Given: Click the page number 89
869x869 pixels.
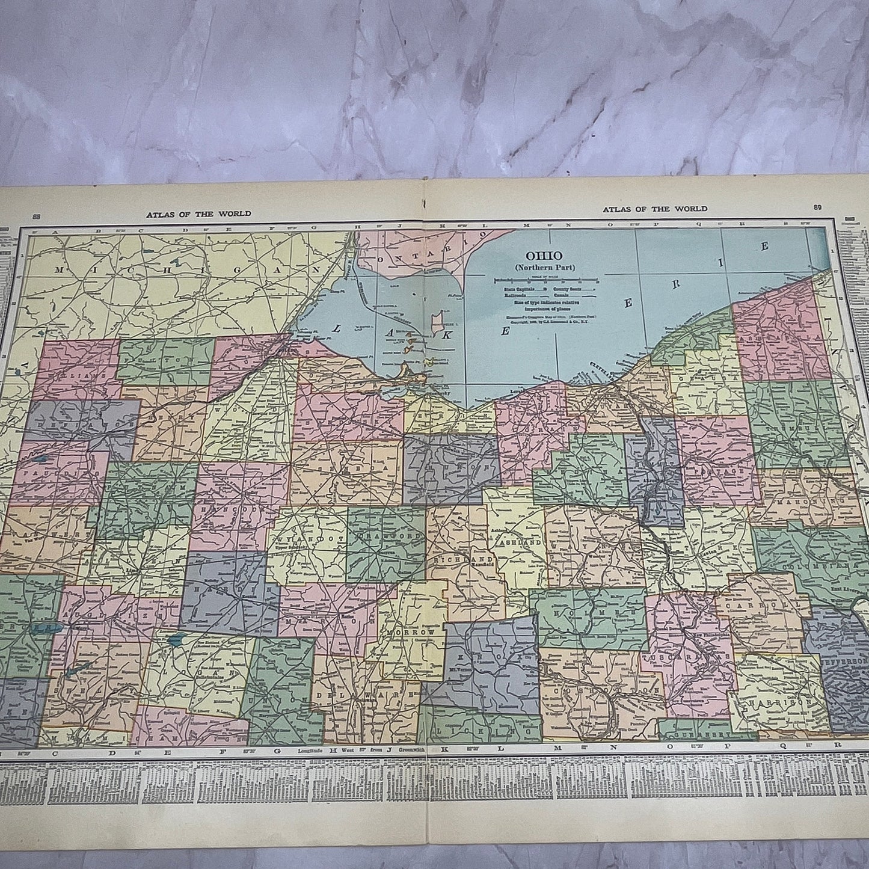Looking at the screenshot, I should click(817, 207).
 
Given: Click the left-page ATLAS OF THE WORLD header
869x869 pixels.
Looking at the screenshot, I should click(198, 213).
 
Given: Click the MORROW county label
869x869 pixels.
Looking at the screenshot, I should click(411, 634).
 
